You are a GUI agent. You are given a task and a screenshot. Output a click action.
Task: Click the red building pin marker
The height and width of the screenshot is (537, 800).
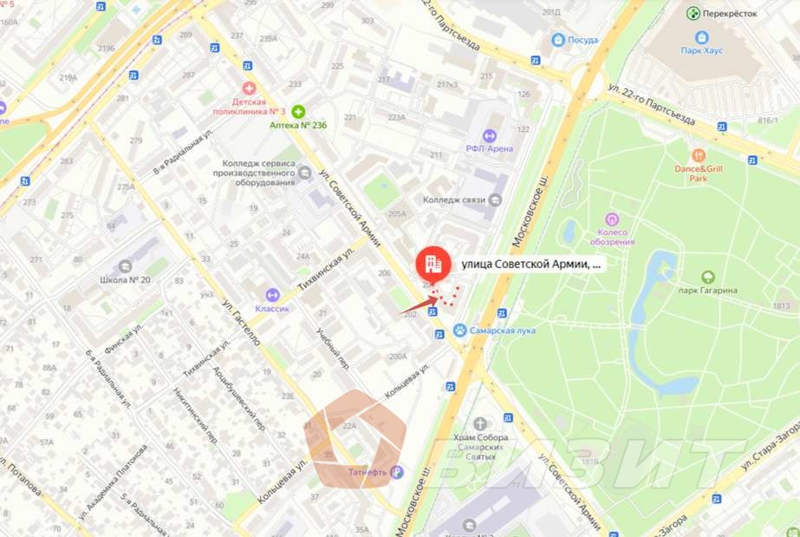click(x=431, y=264)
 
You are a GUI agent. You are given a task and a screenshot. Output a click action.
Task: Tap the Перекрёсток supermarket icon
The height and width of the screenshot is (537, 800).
click(x=693, y=13)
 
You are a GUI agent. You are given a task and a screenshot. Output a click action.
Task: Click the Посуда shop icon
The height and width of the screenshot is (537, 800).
click(x=557, y=39)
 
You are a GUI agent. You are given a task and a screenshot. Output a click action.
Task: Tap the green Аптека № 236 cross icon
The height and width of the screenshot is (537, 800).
click(x=298, y=111)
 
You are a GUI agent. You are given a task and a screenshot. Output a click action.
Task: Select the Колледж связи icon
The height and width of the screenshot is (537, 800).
click(x=494, y=200)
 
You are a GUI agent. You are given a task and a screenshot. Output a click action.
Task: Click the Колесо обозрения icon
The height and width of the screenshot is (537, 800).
click(x=613, y=219)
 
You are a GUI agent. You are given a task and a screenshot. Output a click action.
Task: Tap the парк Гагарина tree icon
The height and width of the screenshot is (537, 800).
click(x=708, y=277)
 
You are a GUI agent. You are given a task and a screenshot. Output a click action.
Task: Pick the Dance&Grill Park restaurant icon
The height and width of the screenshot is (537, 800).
click(x=699, y=155)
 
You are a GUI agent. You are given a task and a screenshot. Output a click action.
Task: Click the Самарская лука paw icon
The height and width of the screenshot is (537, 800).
click(x=460, y=331)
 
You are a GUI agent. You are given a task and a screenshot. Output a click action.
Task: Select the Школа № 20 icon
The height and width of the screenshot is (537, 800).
click(x=126, y=265)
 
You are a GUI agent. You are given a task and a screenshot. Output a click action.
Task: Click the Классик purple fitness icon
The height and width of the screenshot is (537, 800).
click(x=273, y=295)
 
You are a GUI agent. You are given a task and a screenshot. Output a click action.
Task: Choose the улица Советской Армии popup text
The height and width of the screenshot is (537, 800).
click(x=530, y=264)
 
